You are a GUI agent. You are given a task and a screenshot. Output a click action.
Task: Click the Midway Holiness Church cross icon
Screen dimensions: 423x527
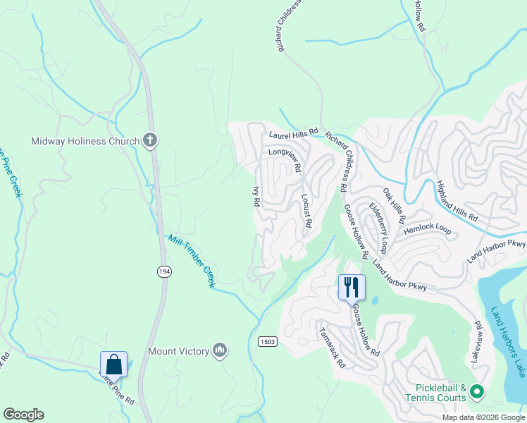(x=149, y=140)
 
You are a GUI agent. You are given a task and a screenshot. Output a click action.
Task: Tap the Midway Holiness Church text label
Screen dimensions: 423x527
(x=85, y=141)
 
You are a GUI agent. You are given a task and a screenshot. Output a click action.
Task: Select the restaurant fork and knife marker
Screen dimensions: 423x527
(x=352, y=287)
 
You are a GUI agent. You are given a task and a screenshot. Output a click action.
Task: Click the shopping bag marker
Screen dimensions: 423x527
(x=113, y=364)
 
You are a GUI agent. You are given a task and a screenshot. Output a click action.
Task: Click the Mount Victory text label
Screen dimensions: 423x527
(x=179, y=351)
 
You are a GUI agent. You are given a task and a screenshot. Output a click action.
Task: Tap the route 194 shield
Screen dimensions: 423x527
(x=164, y=272)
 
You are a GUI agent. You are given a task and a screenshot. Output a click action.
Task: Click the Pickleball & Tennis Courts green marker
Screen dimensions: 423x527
(x=476, y=391)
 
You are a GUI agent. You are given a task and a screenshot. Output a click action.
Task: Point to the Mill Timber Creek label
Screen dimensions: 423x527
(x=190, y=260)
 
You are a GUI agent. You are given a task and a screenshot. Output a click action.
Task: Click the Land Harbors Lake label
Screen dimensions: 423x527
(x=508, y=341)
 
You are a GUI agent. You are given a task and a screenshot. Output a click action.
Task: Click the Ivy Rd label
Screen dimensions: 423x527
(x=256, y=196)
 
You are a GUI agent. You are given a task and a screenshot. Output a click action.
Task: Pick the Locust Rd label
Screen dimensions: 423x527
(x=306, y=210)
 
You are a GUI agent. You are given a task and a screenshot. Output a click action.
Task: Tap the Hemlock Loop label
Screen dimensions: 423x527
(x=427, y=229)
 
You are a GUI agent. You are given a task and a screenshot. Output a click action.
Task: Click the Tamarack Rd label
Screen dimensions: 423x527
(x=332, y=348)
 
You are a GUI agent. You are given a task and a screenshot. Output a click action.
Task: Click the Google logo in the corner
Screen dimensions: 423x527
(x=23, y=415)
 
